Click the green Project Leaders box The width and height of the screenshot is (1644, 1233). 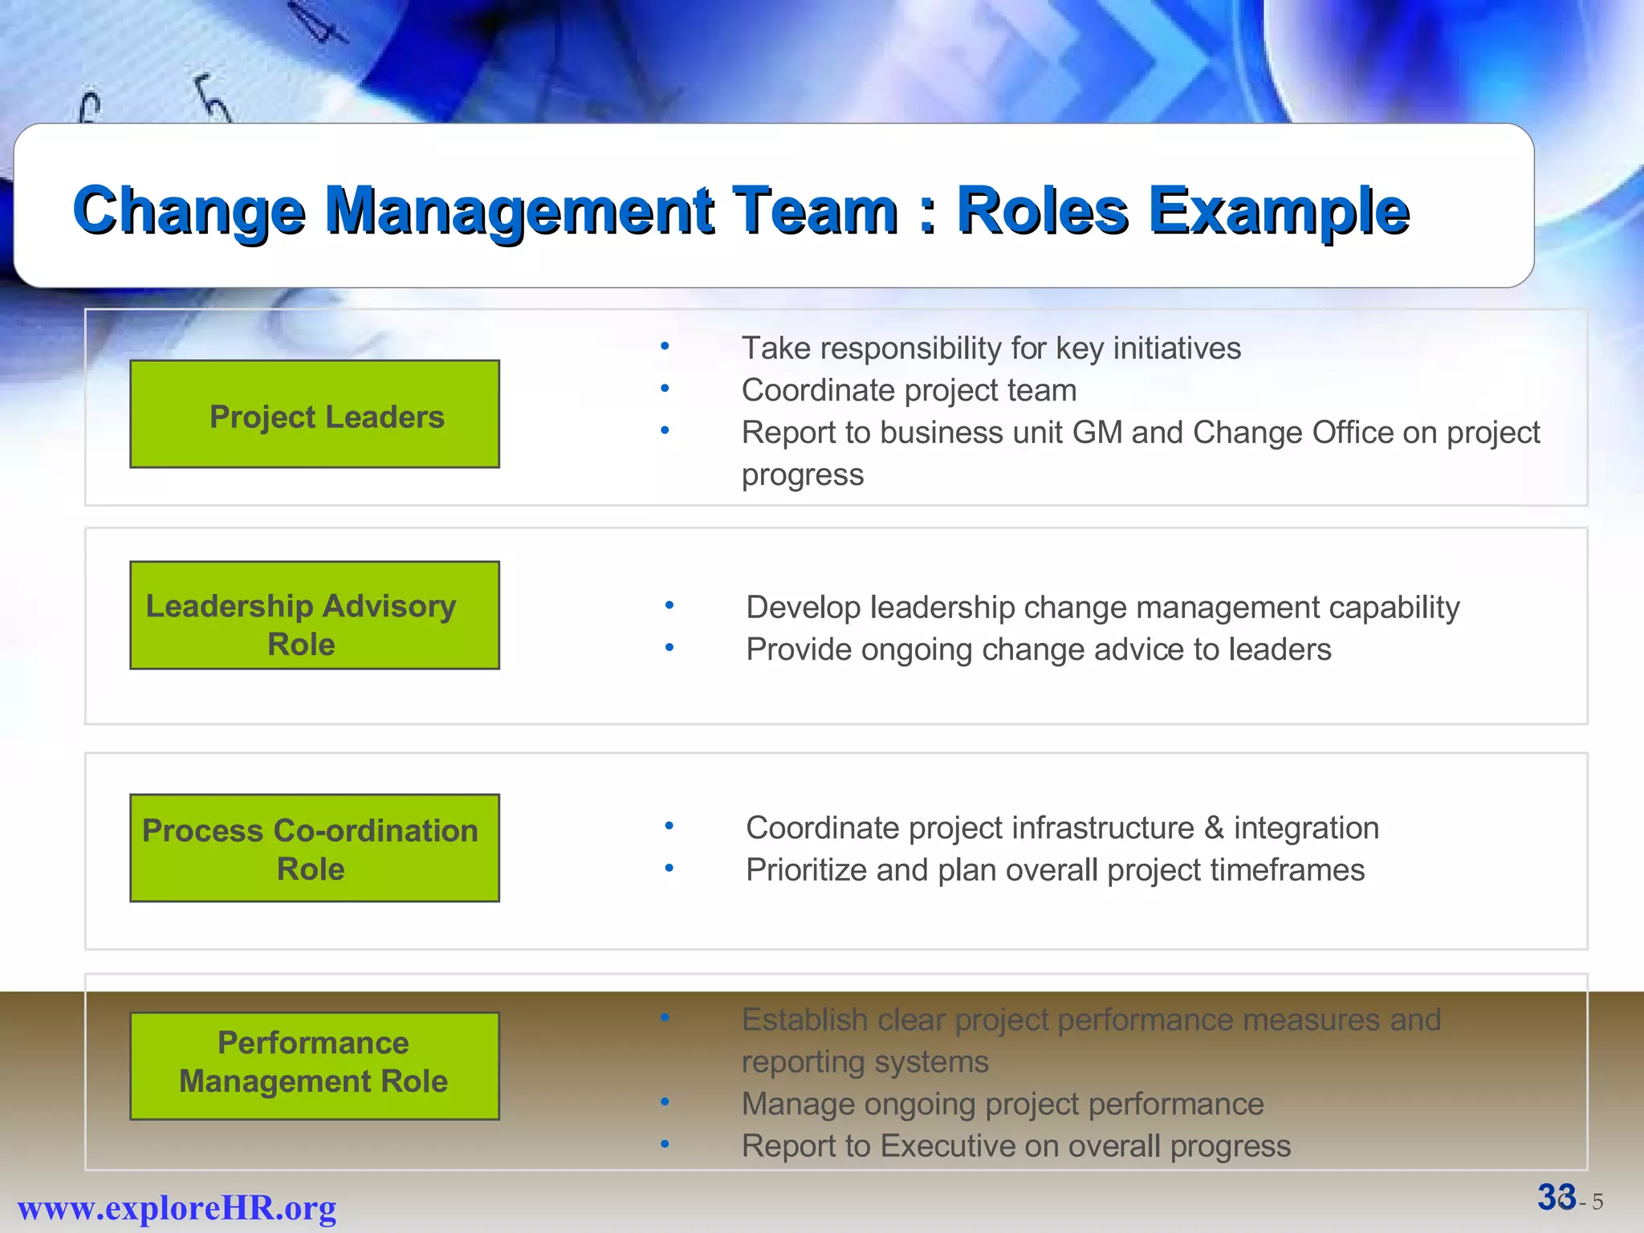tap(315, 414)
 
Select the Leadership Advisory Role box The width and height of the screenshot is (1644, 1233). tap(315, 616)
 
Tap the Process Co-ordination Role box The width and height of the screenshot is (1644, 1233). tap(315, 848)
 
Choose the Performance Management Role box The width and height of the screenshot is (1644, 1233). tap(315, 1066)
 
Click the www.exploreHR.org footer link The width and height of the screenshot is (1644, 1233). tap(177, 1207)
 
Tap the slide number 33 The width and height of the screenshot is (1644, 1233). tap(1556, 1198)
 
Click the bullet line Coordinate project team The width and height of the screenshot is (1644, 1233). tap(909, 390)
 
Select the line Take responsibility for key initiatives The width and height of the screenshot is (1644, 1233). tap(991, 348)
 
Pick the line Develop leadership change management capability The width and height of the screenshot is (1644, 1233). tap(1102, 608)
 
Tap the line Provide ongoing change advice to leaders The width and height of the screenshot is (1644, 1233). tap(1038, 649)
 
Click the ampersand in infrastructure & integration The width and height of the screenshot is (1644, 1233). tap(1214, 828)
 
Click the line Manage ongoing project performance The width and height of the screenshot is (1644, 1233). tap(1002, 1104)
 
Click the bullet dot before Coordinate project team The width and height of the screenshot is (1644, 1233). tap(665, 389)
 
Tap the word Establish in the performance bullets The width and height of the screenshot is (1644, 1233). tap(804, 1019)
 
